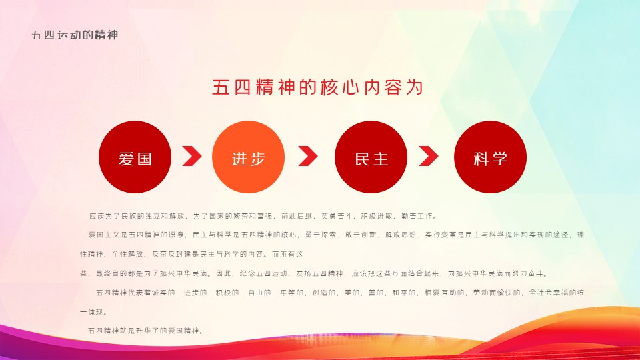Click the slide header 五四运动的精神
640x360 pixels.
(74, 35)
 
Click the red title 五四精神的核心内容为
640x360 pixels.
(317, 87)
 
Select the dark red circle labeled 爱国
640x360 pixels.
(135, 157)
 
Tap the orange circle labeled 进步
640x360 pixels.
(248, 157)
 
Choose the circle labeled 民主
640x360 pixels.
(371, 157)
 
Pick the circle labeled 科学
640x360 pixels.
(490, 157)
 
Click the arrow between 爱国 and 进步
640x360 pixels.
(192, 156)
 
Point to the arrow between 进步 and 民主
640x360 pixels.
(308, 156)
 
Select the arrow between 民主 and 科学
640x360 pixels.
(429, 156)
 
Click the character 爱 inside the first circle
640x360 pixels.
(127, 159)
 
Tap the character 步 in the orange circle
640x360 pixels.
(257, 159)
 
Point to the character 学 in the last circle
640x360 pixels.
(499, 159)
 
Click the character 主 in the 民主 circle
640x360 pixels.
(381, 159)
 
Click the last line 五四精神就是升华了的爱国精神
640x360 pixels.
(146, 331)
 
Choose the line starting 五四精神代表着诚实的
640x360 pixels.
(340, 293)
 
